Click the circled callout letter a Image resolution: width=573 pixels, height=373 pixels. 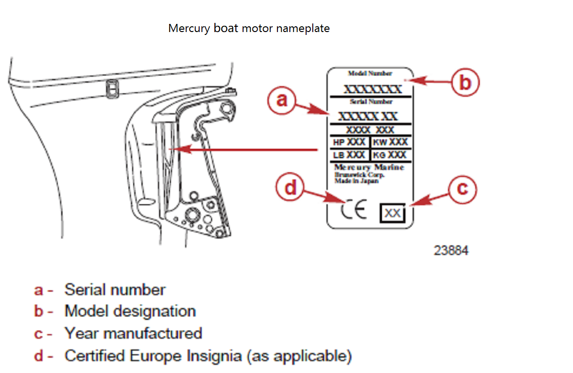[x=282, y=99]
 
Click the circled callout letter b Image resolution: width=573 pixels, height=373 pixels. [x=465, y=83]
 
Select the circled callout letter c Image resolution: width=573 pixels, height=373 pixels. [x=463, y=189]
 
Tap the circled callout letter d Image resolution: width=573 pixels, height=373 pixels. [x=290, y=188]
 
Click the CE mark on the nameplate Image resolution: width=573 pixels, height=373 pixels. [x=354, y=210]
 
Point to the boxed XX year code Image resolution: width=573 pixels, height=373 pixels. [x=393, y=213]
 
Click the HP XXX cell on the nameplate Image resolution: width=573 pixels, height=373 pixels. [x=350, y=142]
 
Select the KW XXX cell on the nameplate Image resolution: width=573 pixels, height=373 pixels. [x=391, y=142]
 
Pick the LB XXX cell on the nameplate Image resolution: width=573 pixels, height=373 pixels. [x=350, y=155]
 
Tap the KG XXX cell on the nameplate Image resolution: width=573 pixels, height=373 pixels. [x=391, y=155]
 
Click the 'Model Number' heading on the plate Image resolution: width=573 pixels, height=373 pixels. [x=370, y=74]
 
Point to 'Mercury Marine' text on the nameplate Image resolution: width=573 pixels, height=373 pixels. [x=369, y=167]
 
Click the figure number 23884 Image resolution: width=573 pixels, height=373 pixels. [x=451, y=250]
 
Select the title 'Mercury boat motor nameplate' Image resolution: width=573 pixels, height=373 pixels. [x=249, y=28]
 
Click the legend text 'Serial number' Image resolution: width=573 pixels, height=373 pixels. [x=115, y=290]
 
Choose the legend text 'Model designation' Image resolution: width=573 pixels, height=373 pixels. [x=130, y=311]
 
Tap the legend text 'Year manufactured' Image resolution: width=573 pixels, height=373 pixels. [x=133, y=333]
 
